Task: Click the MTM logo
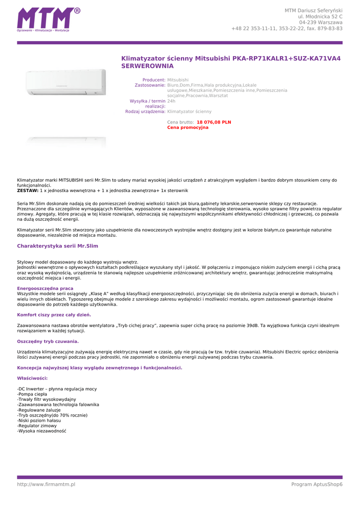point(48,20)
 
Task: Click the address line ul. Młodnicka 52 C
point(320,16)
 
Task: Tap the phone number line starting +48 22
point(287,28)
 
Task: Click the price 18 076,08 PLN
point(214,122)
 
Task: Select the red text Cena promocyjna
point(188,127)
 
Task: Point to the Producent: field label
point(153,80)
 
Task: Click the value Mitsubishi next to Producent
point(178,80)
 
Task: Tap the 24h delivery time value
point(171,101)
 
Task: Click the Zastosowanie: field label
point(150,85)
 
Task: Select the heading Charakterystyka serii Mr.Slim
point(58,246)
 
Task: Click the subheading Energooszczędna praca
point(45,288)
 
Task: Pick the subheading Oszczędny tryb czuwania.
point(48,341)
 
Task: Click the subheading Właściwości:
point(32,378)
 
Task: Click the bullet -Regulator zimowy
point(37,426)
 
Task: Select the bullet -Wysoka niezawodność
point(42,431)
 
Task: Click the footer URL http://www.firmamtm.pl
point(46,484)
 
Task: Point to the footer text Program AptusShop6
point(317,484)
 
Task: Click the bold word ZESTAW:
point(28,190)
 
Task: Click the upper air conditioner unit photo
point(66,82)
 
